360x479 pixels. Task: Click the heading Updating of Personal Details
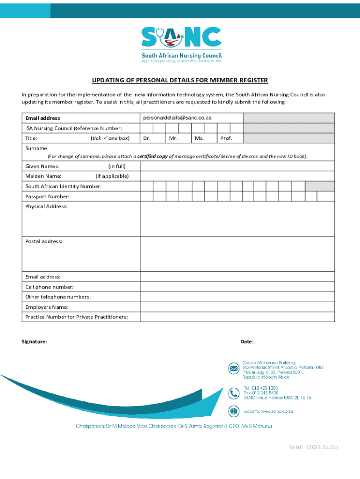click(x=180, y=80)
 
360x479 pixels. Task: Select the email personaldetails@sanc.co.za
click(x=177, y=118)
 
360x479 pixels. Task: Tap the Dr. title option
click(x=147, y=138)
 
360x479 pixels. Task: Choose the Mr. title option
click(x=173, y=138)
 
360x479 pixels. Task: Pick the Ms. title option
click(x=199, y=138)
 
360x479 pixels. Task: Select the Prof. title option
click(x=226, y=138)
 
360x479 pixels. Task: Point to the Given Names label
click(x=42, y=166)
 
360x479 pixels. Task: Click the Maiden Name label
click(x=43, y=176)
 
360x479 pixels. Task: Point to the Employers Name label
click(x=47, y=307)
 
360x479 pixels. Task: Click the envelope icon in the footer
click(x=233, y=369)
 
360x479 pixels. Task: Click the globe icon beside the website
click(x=233, y=411)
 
